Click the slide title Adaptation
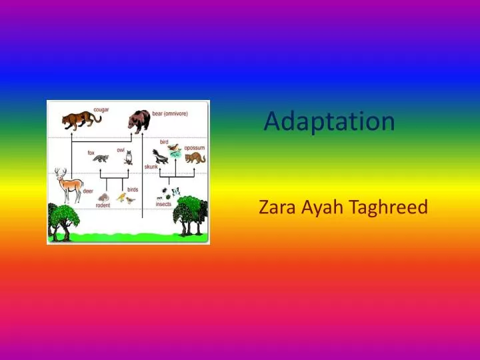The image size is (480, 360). coord(329,121)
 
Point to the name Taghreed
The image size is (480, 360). coord(389,209)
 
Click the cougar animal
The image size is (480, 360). coord(81,120)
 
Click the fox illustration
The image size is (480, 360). coord(101,159)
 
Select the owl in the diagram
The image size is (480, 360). coord(129,158)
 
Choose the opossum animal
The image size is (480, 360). coord(195,157)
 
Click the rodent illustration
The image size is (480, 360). coord(105,197)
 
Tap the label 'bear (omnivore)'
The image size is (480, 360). coord(171,113)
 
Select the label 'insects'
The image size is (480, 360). coord(163,204)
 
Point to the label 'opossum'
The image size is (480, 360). coord(195,148)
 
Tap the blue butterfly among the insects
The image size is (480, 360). coord(175,191)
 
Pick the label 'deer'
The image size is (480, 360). coord(88,191)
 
